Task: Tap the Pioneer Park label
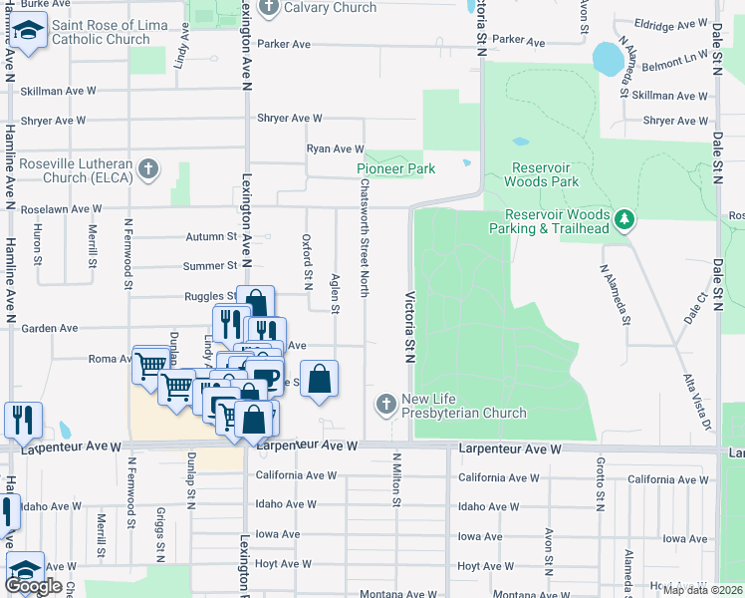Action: coord(396,168)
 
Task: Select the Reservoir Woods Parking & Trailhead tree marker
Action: coord(624,218)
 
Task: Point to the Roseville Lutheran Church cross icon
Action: coord(148,167)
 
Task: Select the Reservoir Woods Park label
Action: coord(541,174)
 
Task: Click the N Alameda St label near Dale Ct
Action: coord(615,294)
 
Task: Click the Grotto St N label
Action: coord(600,480)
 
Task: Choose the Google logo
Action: coord(34,586)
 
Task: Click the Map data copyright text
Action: coord(702,590)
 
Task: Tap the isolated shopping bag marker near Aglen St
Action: coord(319,381)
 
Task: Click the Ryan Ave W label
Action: coord(335,149)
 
